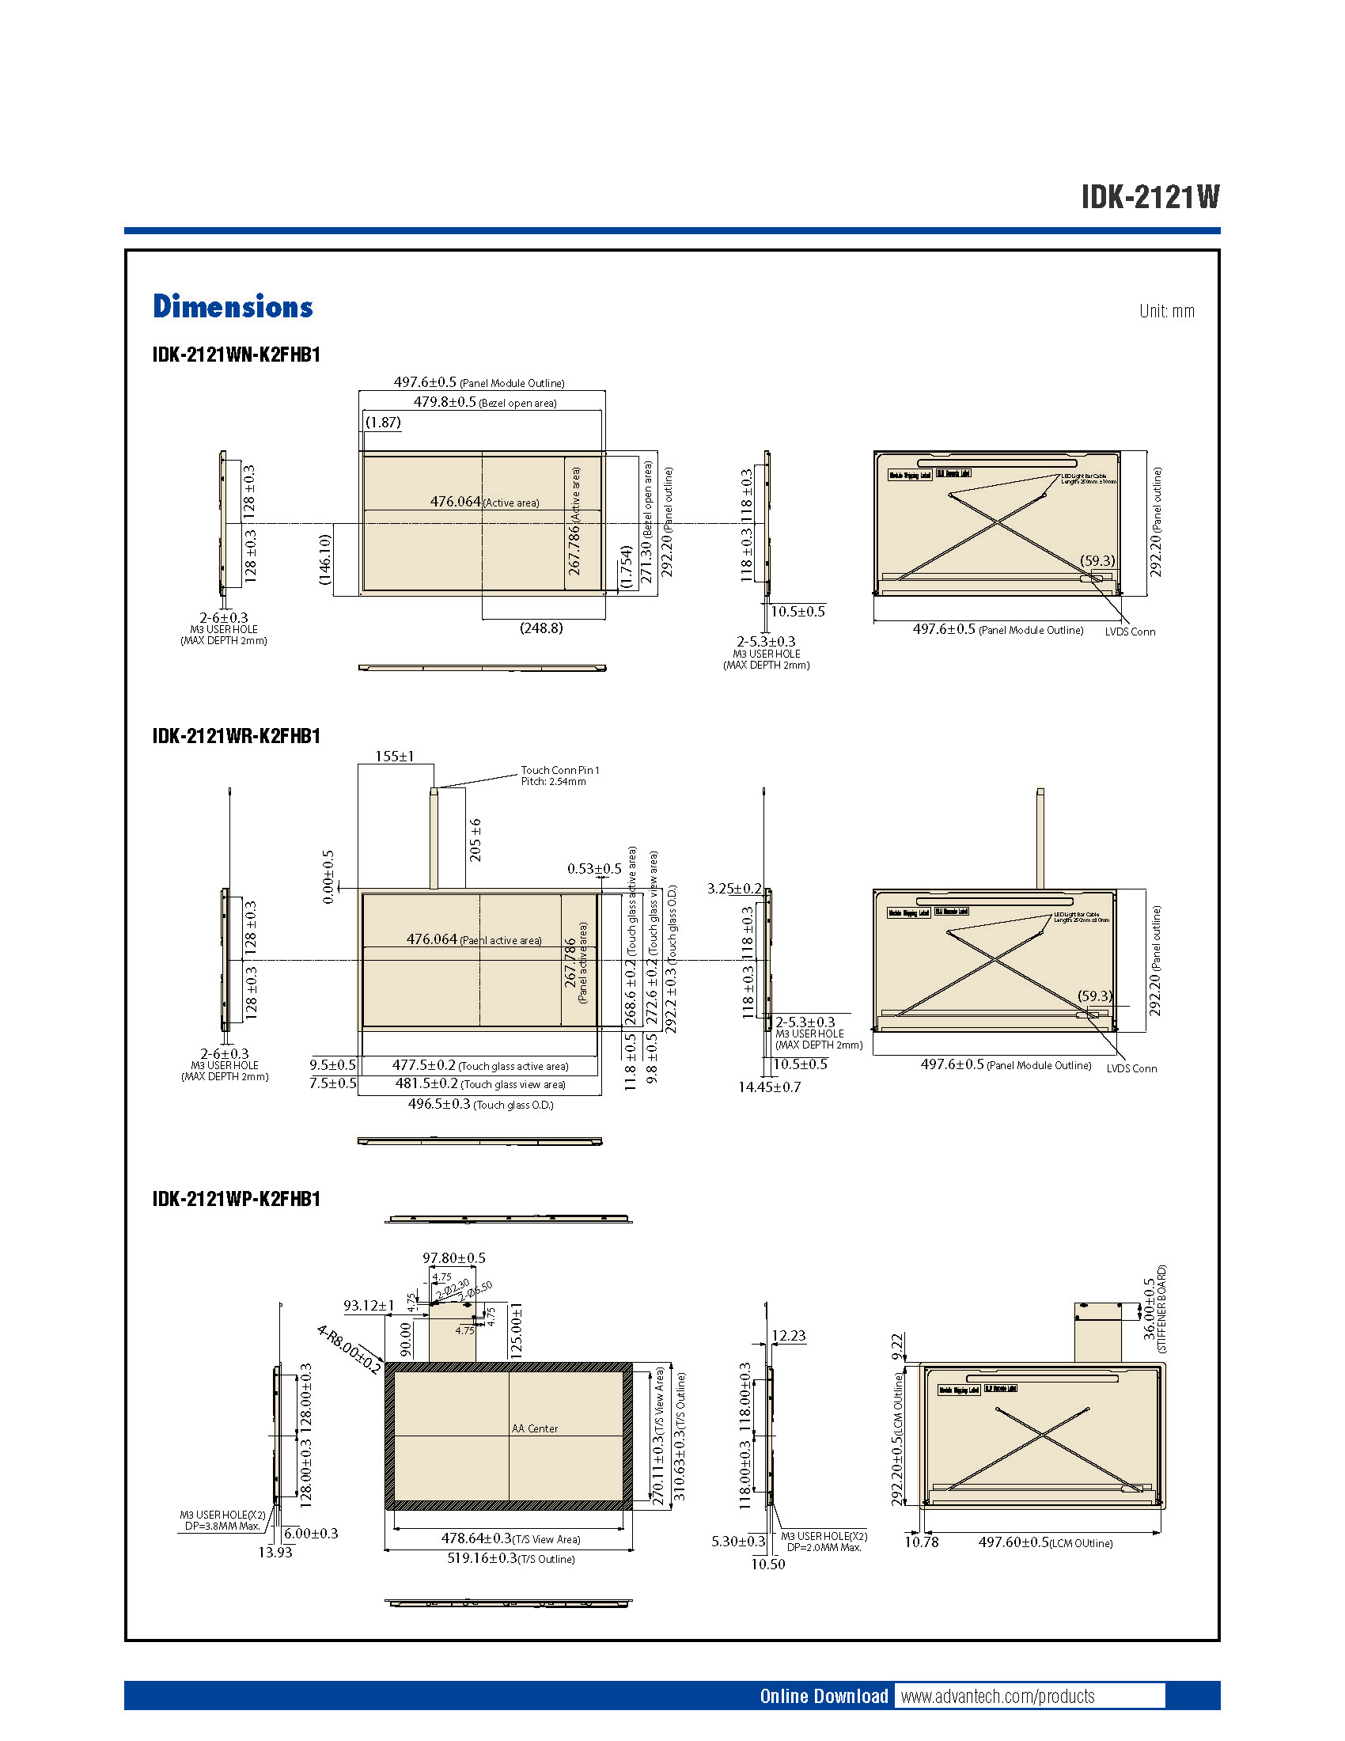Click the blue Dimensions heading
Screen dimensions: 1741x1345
click(x=233, y=307)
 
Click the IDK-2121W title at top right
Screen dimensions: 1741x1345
click(x=1150, y=197)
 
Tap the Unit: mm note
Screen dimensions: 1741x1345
click(x=1166, y=311)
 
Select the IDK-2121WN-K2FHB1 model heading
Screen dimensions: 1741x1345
click(x=236, y=355)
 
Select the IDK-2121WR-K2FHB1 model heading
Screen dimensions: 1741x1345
click(x=236, y=736)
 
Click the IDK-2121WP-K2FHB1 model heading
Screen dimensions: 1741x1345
click(x=236, y=1199)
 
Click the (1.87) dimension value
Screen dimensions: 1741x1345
click(x=383, y=423)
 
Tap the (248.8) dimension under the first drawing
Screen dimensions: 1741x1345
click(x=541, y=628)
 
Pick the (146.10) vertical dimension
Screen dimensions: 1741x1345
click(x=324, y=559)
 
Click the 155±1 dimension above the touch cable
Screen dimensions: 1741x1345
click(x=395, y=756)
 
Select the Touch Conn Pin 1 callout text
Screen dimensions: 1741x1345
click(x=559, y=770)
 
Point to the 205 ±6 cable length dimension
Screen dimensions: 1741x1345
click(x=475, y=840)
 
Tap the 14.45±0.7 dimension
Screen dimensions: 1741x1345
click(x=769, y=1087)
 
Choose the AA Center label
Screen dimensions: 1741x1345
click(x=535, y=1428)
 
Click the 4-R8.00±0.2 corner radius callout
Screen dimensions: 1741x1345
click(x=349, y=1348)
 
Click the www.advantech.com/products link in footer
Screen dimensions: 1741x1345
click(x=998, y=1696)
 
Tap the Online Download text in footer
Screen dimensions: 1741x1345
click(x=823, y=1696)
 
